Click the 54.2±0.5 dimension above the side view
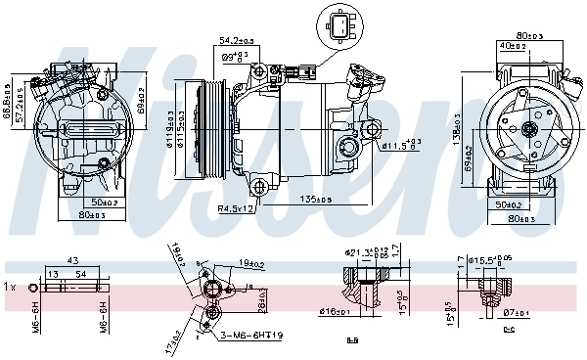coord(237,41)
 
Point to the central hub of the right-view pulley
coord(529,128)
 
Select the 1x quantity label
coord(10,288)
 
